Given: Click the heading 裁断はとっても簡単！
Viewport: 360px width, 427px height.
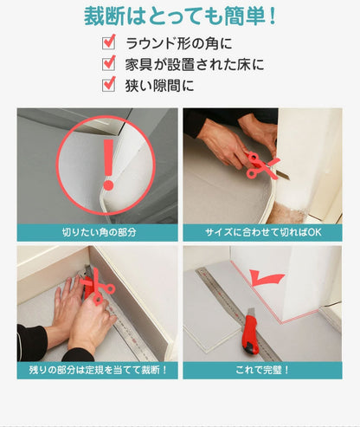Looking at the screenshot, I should point(181,16).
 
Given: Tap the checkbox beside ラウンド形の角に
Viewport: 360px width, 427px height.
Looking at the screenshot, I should point(109,42).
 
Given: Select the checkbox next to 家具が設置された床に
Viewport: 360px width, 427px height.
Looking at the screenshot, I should point(109,63).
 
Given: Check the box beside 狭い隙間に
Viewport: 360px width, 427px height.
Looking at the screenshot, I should point(109,84).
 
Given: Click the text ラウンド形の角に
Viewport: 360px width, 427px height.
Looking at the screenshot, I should point(179,43).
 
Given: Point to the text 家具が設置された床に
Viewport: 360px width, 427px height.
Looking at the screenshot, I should point(194,64).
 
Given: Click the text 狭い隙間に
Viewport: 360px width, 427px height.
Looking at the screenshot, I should point(160,85).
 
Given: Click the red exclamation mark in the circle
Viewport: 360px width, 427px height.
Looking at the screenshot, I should point(107,165).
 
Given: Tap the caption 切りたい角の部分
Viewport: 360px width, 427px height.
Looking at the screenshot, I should point(98,232).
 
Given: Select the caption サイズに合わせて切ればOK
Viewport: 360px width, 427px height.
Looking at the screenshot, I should point(262,232).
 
